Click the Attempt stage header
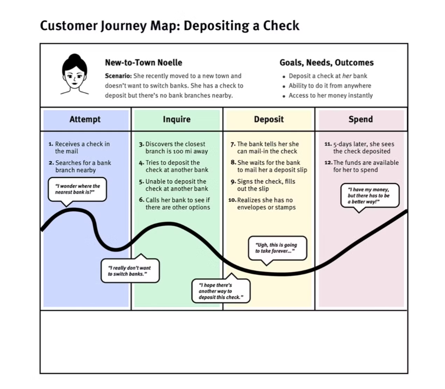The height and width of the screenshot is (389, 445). (85, 120)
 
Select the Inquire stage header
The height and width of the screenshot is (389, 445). (176, 120)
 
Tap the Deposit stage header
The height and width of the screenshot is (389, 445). (269, 120)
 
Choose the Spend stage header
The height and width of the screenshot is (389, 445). (360, 120)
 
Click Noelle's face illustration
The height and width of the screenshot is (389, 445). (75, 76)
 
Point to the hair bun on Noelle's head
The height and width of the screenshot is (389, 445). (74, 57)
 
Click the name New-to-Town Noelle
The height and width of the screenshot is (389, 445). (144, 63)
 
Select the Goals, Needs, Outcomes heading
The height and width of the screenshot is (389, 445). (326, 63)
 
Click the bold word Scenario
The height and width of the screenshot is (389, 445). (118, 76)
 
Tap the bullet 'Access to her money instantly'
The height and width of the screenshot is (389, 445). (331, 95)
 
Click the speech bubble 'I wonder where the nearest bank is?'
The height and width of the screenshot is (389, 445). (77, 189)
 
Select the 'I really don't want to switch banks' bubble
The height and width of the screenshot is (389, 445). (130, 271)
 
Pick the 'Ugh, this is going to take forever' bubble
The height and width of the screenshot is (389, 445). (277, 248)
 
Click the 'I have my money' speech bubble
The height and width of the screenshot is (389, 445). (370, 196)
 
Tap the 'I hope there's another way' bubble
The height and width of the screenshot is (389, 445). (221, 291)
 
